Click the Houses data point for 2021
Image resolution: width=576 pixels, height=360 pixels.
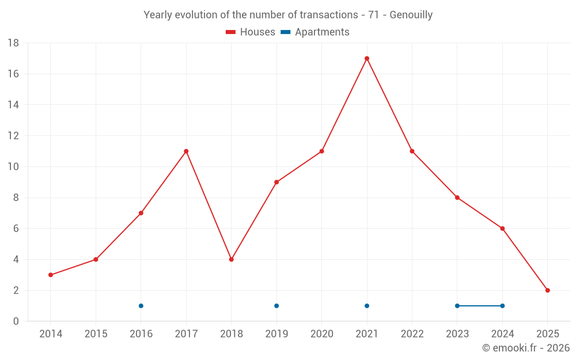coord(367,58)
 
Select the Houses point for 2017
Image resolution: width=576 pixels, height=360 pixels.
coord(186,151)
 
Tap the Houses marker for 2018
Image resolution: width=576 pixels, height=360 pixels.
coord(231,259)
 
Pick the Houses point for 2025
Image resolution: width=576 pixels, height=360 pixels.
coord(548,290)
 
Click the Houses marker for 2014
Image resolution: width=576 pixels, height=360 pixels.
coord(51,275)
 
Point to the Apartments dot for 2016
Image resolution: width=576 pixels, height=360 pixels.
coord(141,306)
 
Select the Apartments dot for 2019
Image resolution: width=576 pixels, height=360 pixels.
coord(276,306)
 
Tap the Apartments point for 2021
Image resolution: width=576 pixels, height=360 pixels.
coord(367,306)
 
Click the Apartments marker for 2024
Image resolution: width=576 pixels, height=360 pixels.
coord(502,306)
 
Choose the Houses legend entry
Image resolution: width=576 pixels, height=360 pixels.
coord(251,32)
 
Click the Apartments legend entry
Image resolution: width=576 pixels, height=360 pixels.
coord(315,32)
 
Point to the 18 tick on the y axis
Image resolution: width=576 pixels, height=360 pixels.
coord(13,43)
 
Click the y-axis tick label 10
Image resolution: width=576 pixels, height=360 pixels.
coord(13,167)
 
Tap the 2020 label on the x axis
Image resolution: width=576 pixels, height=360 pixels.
coord(321,334)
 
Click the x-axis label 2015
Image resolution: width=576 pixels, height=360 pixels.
coord(96,334)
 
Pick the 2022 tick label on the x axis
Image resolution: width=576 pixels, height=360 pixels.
coord(412,334)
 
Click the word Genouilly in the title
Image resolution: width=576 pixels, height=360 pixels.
coord(411,15)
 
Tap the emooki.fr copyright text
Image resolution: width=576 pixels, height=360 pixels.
coord(526,348)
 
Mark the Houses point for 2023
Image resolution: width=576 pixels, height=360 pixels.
coord(457,198)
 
